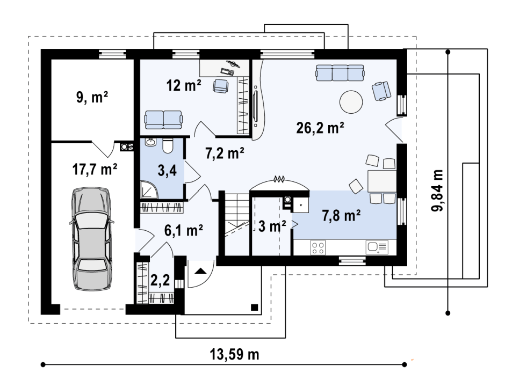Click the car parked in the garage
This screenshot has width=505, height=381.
coord(91,239)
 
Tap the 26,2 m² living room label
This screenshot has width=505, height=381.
coord(320,128)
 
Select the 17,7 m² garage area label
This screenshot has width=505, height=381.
coord(95,169)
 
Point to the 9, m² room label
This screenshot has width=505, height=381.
coord(92,97)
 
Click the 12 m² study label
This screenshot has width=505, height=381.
coord(184,85)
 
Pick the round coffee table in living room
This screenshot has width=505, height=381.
coord(351,101)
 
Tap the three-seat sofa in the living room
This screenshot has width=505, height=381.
coord(340,73)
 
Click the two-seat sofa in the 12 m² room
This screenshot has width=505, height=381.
coord(163,119)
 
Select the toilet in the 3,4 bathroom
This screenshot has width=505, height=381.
coord(168,145)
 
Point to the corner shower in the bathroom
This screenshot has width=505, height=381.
coord(148,189)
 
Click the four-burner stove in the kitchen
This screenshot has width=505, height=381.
coord(318,248)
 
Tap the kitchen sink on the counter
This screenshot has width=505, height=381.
coord(377,247)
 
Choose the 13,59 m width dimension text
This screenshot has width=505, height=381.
coord(234,355)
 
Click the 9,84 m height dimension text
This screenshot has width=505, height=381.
coord(437,190)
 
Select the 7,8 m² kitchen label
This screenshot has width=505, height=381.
coord(341,215)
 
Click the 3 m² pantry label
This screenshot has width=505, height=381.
coord(272,226)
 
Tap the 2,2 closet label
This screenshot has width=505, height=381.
coord(160,280)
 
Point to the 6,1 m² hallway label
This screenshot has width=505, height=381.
coord(184,230)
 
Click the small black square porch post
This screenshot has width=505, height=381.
coord(255,307)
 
